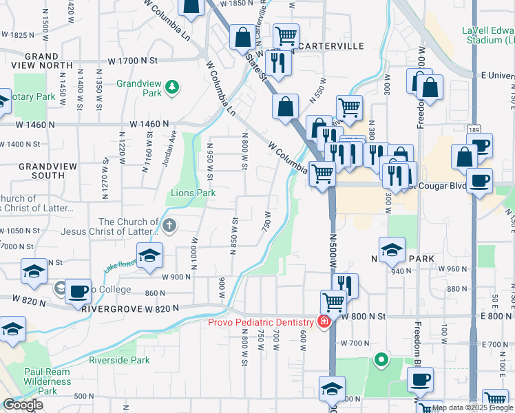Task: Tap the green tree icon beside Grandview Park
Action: click(x=171, y=87)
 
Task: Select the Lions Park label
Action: click(x=193, y=193)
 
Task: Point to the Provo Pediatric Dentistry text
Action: click(x=262, y=322)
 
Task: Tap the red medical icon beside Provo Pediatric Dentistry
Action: click(x=322, y=321)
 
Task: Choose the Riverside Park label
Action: click(x=119, y=360)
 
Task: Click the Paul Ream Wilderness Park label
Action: click(x=47, y=381)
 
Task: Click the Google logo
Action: click(x=23, y=405)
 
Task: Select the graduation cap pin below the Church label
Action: click(x=149, y=256)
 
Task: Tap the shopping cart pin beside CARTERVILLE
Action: click(x=286, y=35)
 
